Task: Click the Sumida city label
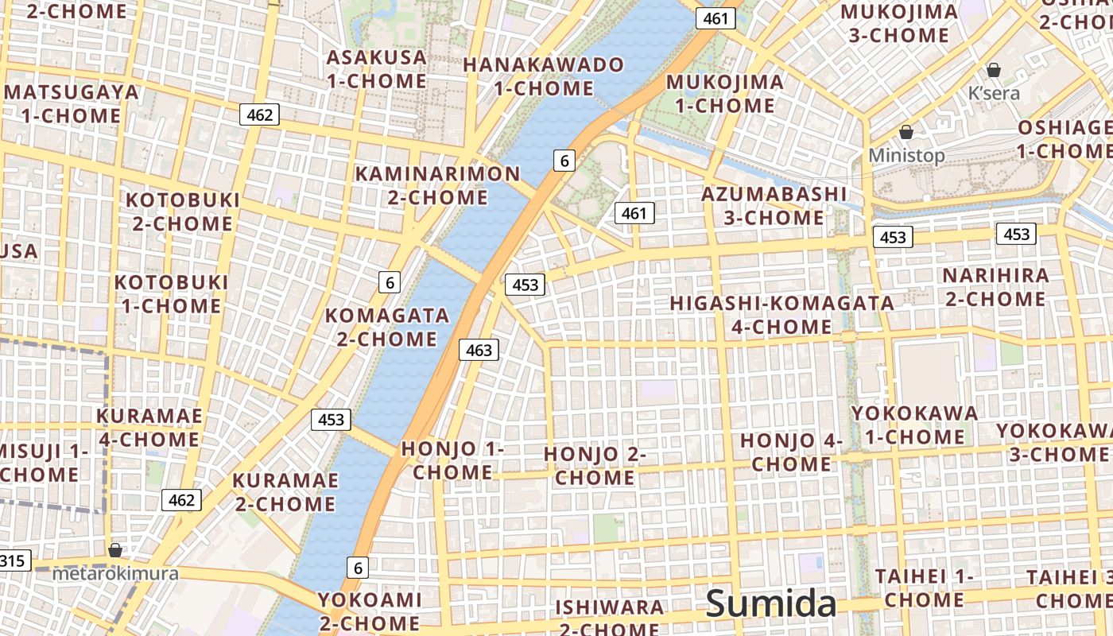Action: pos(771,603)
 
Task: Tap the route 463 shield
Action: pos(479,350)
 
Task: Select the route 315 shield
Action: pos(12,560)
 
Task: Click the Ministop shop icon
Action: pos(906,132)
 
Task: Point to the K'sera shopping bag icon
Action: pos(993,70)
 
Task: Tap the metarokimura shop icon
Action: pos(115,550)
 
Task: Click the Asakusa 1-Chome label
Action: pos(376,69)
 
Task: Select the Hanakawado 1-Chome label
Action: pos(544,76)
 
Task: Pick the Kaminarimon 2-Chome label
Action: pos(437,185)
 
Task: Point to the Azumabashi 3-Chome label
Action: pos(774,205)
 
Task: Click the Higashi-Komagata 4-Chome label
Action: pos(781,315)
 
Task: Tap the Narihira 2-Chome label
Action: pos(995,287)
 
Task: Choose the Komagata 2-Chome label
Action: pos(387,327)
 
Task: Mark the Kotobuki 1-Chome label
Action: pos(171,293)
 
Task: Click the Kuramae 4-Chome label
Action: pos(149,427)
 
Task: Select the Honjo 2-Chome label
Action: pos(595,466)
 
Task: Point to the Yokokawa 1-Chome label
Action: pos(914,425)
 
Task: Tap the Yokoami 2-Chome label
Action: pos(370,611)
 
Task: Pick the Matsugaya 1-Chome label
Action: pos(71,103)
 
